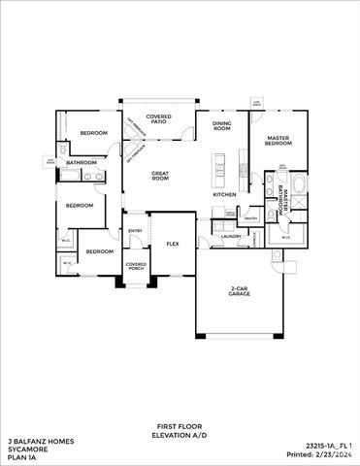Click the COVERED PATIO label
[x=158, y=120]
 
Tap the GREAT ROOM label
[x=159, y=177]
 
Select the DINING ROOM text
[x=221, y=126]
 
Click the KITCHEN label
[x=225, y=194]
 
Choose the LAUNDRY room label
[x=231, y=236]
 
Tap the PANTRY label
[x=249, y=219]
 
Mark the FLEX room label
[x=173, y=244]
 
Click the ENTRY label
[x=136, y=230]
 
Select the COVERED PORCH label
[x=136, y=267]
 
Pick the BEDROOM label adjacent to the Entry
[x=99, y=250]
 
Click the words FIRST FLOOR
[x=180, y=426]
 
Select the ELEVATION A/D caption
[x=180, y=436]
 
